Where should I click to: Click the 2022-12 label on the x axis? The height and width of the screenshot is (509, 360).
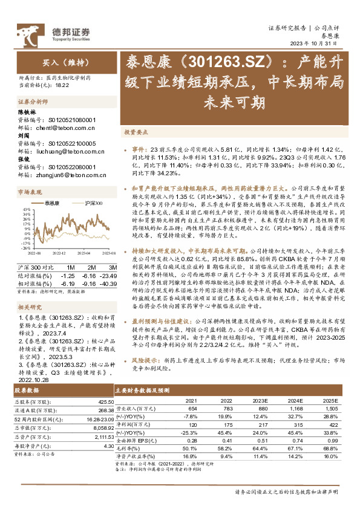point(59,254)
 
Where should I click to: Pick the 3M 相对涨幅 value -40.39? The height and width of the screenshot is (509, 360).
point(106,282)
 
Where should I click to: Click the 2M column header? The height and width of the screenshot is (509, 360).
point(90,267)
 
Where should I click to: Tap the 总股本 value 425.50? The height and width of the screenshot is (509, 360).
point(105,401)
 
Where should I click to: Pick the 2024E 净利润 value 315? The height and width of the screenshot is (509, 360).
point(294,426)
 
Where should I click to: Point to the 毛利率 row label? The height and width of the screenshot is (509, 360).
point(128,448)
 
